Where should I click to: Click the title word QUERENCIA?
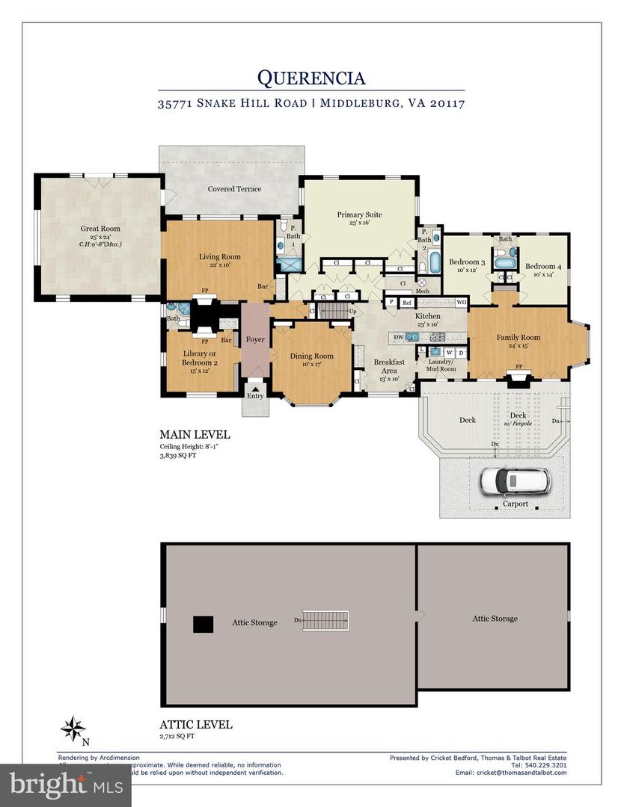point(311,77)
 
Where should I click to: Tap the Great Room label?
point(100,229)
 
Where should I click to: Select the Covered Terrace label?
point(234,189)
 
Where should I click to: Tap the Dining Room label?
point(312,356)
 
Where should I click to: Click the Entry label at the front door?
point(256,395)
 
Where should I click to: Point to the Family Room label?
point(518,337)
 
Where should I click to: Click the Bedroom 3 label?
point(467,262)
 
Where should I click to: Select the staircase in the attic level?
point(326,620)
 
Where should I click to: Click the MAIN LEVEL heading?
point(195,434)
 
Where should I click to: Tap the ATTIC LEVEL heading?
point(196,724)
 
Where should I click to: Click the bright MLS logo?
point(66,784)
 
